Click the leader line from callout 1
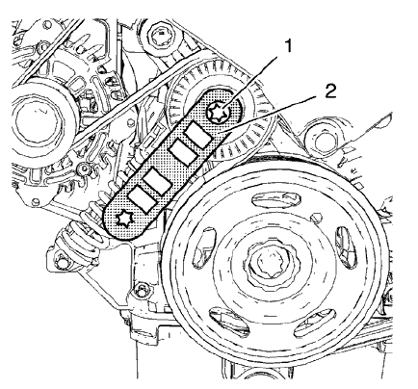coord(247,86)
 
